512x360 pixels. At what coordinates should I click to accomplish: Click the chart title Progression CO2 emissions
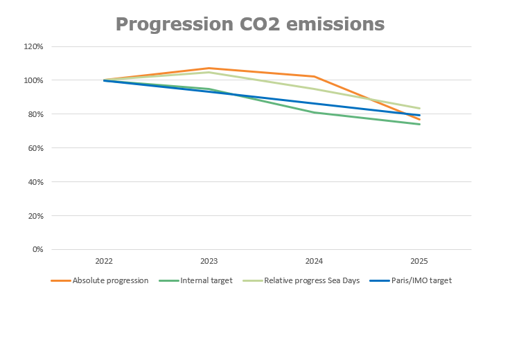[x=249, y=24]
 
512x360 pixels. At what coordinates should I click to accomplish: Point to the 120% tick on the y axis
[x=34, y=46]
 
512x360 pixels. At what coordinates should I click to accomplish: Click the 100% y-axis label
[x=34, y=80]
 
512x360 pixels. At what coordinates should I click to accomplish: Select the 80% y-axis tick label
[x=36, y=114]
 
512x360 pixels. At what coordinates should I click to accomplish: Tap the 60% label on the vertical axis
[x=36, y=148]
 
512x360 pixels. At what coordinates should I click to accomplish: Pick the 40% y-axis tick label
[x=36, y=182]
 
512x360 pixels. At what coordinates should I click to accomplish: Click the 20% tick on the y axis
[x=36, y=216]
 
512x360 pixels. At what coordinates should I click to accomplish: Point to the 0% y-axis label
[x=38, y=249]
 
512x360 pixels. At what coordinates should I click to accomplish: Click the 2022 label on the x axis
[x=104, y=262]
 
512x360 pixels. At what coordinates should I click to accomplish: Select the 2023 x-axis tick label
[x=209, y=262]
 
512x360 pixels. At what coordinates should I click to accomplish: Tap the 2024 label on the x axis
[x=314, y=262]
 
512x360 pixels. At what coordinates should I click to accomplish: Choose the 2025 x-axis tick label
[x=419, y=262]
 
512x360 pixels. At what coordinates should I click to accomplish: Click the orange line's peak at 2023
[x=209, y=68]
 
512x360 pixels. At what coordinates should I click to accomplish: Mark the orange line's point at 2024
[x=314, y=76]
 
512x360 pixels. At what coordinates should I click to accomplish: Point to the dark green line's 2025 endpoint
[x=419, y=124]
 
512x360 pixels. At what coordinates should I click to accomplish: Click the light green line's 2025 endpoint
[x=419, y=108]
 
